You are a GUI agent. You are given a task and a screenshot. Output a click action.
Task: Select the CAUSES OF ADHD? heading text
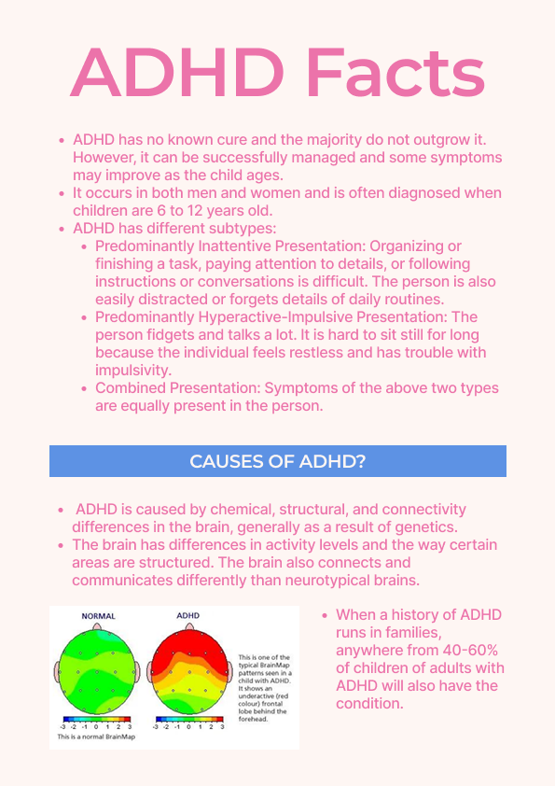coord(277,461)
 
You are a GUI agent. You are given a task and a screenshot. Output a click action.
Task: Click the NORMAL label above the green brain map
coord(99,617)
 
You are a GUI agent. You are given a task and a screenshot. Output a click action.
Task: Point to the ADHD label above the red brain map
coord(187,617)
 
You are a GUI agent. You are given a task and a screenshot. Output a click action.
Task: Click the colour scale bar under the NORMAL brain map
coord(97,719)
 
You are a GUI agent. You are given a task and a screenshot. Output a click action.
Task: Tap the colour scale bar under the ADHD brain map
coord(187,719)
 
